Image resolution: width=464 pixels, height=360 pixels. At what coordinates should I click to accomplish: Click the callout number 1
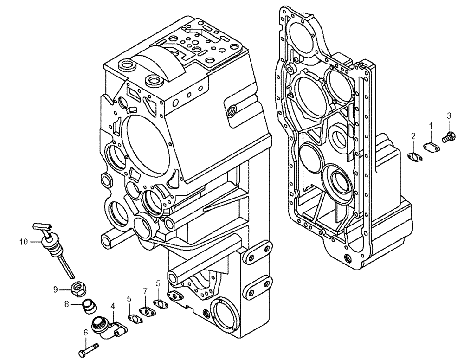[431, 125]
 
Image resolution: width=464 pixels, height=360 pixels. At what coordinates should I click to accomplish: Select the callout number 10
[24, 241]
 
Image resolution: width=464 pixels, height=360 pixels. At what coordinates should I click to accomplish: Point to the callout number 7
[145, 291]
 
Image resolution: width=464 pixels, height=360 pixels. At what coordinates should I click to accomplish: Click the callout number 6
[85, 332]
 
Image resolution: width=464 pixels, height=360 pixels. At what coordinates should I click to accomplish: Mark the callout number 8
[66, 304]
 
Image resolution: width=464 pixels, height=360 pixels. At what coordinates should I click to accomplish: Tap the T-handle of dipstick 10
[41, 226]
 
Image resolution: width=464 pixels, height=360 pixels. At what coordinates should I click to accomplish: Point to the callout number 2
[412, 135]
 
